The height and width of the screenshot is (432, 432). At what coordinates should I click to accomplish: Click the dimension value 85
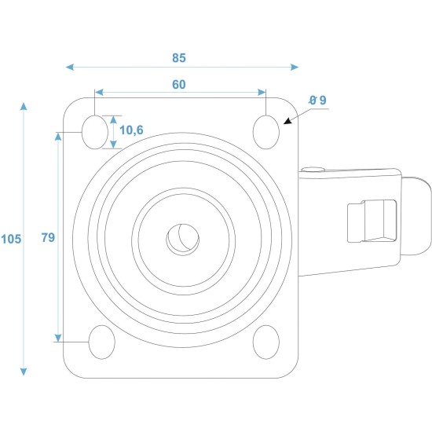[179, 58]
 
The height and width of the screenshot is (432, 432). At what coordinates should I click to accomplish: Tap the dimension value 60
[179, 85]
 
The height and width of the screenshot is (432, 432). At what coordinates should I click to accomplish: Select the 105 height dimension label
[11, 239]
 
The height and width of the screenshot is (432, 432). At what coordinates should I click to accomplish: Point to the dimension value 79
[48, 237]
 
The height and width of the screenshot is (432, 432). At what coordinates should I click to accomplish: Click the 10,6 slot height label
[131, 130]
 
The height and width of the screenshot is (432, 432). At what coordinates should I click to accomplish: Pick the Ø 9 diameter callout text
[317, 101]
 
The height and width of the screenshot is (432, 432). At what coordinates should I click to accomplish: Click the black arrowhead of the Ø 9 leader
[287, 121]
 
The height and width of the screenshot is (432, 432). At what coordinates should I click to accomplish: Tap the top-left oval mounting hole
[95, 132]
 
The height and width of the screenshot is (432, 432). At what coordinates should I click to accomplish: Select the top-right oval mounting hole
[266, 132]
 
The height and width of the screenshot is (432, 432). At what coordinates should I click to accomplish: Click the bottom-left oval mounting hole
[101, 342]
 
